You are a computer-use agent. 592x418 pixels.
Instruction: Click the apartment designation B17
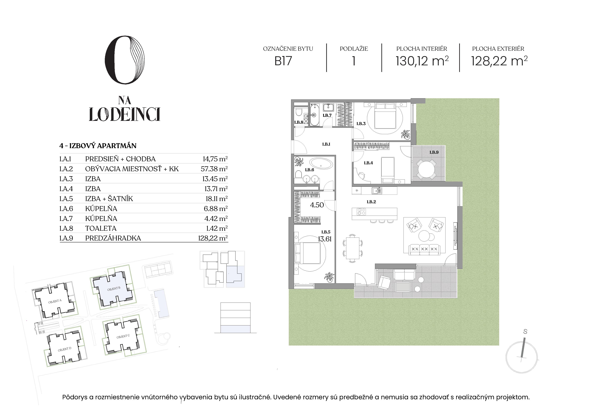tap(283, 61)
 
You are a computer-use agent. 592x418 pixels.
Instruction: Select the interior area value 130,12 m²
tap(422, 61)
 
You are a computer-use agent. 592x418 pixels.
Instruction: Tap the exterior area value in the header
tap(499, 61)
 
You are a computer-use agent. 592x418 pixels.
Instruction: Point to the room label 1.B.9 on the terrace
tap(434, 152)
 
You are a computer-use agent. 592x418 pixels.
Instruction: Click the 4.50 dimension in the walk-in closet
tap(317, 205)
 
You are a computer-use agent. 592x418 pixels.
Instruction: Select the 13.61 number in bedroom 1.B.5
tap(325, 239)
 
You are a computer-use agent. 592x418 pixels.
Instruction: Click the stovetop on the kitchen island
tap(361, 212)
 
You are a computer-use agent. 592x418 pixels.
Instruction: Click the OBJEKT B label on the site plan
tap(114, 289)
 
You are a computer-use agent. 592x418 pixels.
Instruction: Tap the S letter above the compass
tap(525, 332)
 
